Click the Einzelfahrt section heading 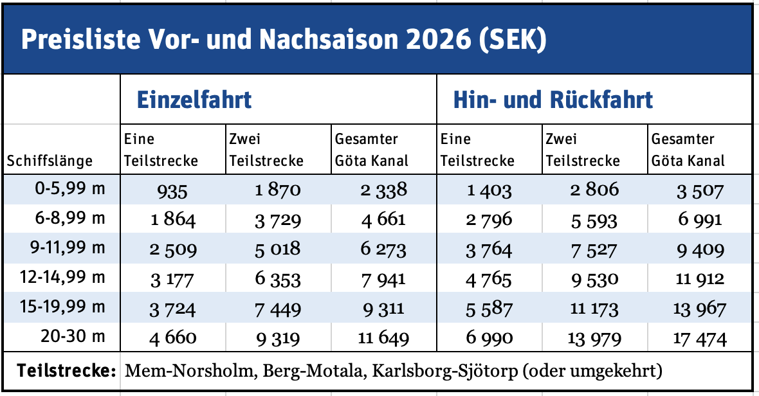(194, 100)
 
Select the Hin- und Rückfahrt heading (553, 100)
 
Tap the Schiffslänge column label (50, 161)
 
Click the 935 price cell (172, 190)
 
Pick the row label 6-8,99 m (71, 219)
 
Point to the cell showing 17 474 (700, 338)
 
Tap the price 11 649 (383, 338)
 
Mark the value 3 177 (172, 279)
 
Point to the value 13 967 (700, 309)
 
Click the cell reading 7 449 (277, 309)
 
